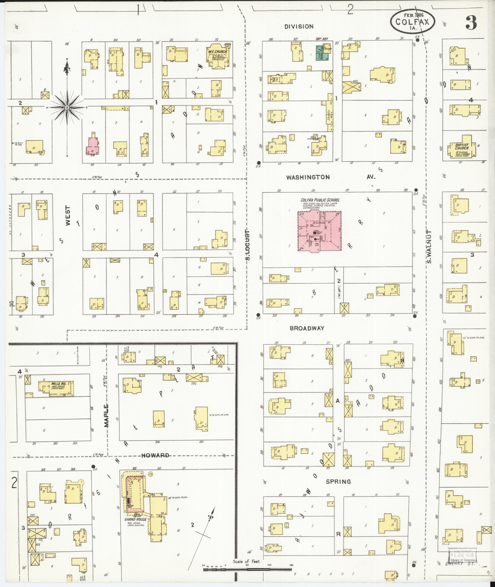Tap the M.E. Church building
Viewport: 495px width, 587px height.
[218, 55]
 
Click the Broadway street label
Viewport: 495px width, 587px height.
[307, 328]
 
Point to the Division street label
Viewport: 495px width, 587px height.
[299, 27]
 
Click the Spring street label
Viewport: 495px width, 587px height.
[338, 481]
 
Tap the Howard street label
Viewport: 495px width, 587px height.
[155, 455]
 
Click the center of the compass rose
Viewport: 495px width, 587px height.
[67, 108]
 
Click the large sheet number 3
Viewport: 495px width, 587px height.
[471, 22]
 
